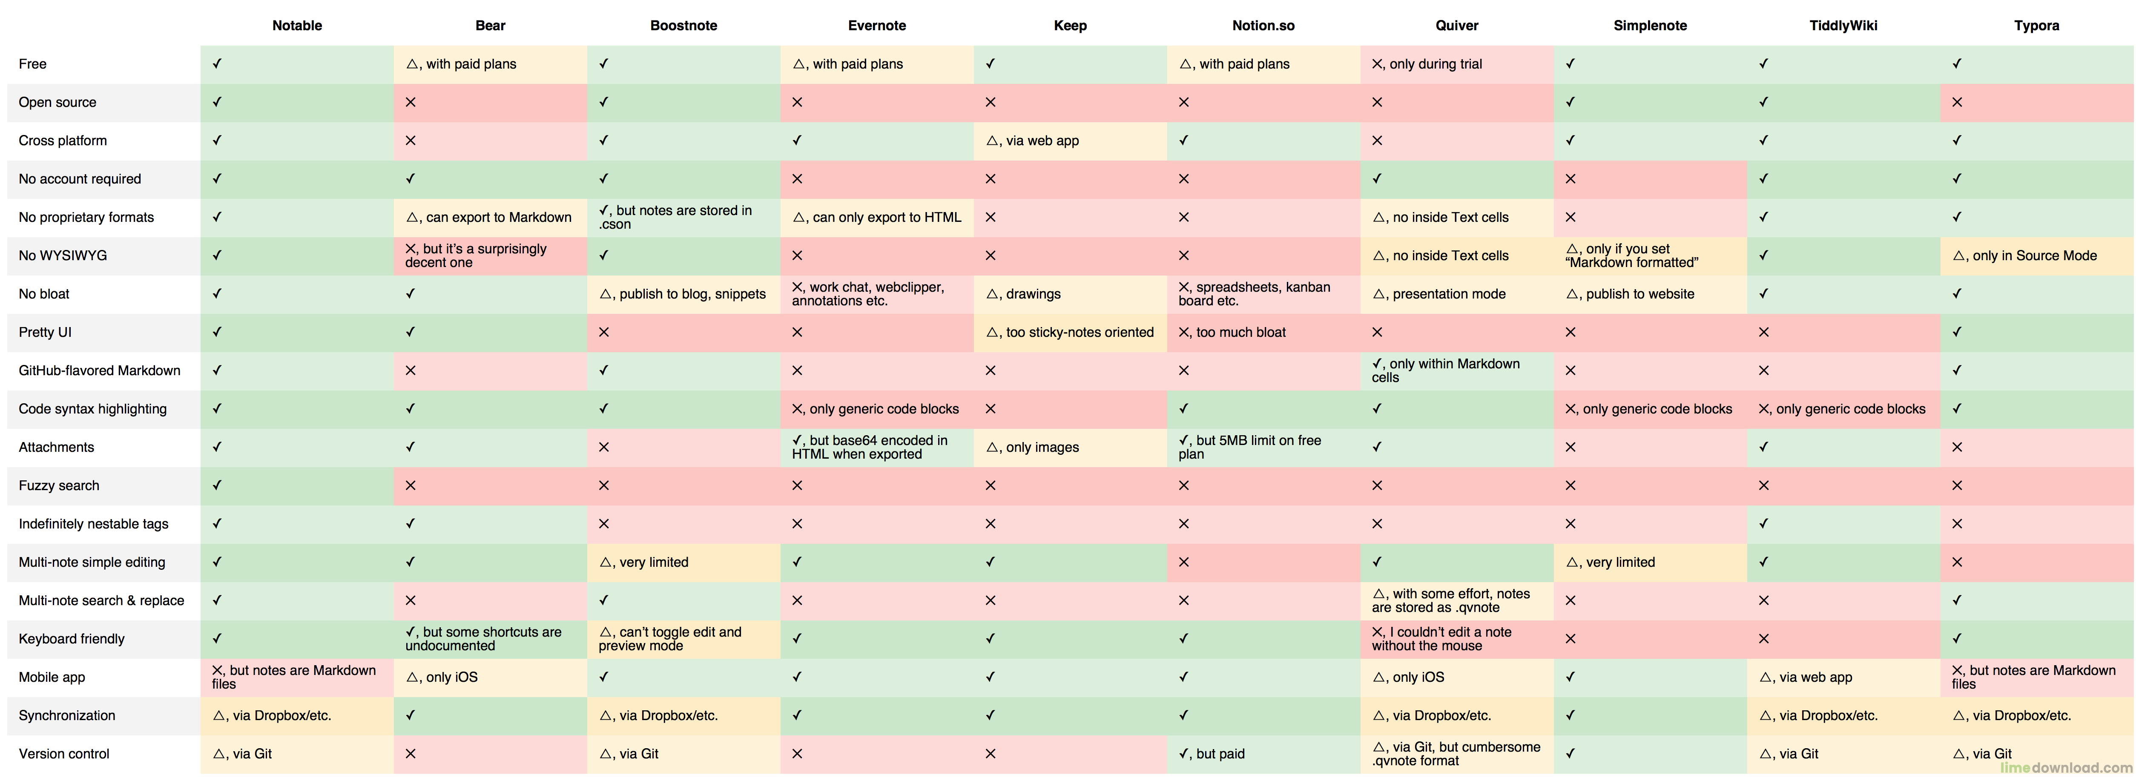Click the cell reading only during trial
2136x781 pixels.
tap(1427, 64)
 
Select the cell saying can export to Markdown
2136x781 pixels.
tap(489, 217)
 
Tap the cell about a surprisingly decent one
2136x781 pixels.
tap(476, 256)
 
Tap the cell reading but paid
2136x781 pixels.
tap(1212, 754)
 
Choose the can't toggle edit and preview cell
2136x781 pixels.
tap(670, 638)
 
